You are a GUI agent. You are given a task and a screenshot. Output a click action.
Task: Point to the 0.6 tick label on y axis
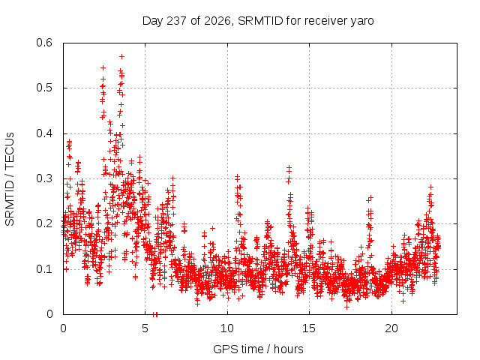pos(44,43)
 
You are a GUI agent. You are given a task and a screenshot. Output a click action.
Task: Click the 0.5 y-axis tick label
pos(44,88)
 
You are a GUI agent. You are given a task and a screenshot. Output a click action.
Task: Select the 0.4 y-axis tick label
pos(44,133)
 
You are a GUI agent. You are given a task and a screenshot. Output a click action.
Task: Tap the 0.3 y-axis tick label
pos(44,178)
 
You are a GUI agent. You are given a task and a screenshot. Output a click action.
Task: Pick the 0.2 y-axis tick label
pos(44,223)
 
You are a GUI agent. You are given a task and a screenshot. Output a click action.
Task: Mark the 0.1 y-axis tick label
pos(44,269)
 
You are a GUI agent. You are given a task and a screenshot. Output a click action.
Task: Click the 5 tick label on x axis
pos(145,328)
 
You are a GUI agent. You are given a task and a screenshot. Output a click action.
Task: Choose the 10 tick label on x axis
pos(227,328)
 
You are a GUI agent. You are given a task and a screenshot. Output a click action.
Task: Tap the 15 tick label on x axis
pos(309,328)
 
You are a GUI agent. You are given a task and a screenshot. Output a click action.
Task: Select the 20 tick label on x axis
pos(391,328)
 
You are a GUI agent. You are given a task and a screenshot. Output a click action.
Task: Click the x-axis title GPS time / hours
pos(258,349)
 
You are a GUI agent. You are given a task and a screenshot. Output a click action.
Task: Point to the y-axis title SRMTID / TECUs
pos(10,179)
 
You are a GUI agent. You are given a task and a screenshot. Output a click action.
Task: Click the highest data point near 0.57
pos(121,57)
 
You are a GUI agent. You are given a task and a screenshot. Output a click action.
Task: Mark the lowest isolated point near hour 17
pos(346,307)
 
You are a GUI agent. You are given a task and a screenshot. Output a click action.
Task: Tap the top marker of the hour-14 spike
pos(289,168)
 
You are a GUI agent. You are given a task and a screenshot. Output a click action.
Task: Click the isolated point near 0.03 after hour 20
pos(403,301)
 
